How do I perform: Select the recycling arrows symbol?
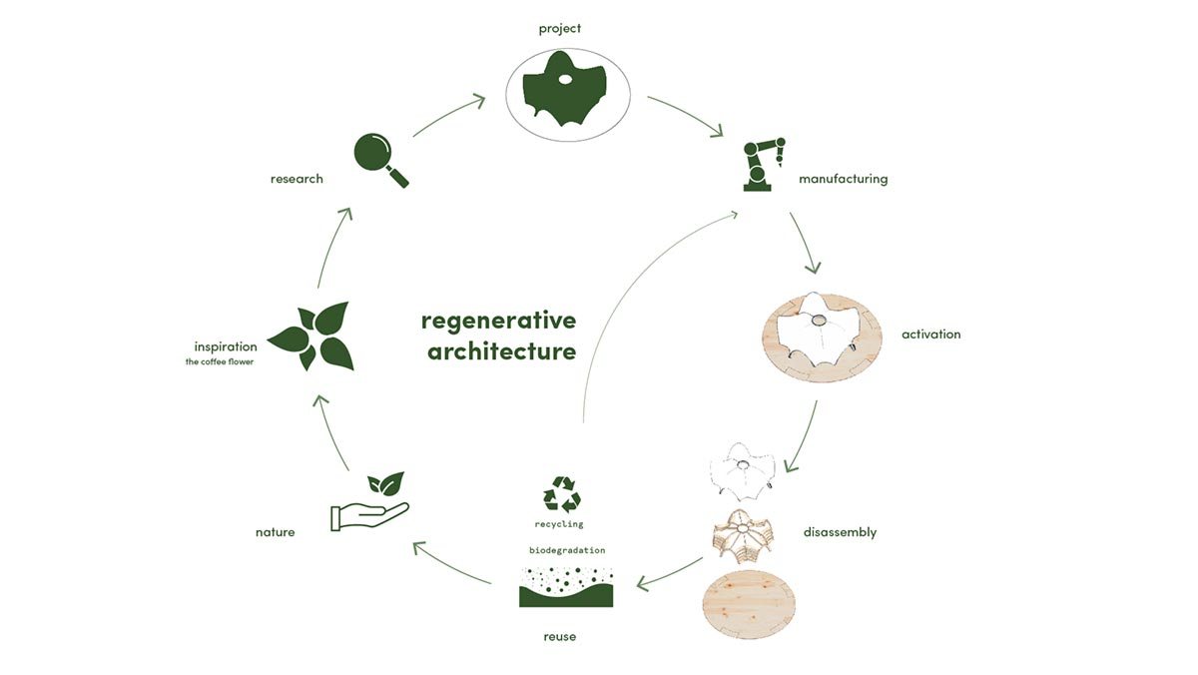561,494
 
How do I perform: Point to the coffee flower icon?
310,337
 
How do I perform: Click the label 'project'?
560,28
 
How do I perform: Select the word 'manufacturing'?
843,180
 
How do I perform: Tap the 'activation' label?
930,335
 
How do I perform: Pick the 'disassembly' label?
840,532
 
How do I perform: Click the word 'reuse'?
560,636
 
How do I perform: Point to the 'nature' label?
275,532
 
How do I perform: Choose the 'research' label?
297,179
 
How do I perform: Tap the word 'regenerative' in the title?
498,321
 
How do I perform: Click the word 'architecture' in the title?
501,351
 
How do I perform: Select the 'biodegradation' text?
566,550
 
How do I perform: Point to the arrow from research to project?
448,115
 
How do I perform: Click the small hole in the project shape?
565,79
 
